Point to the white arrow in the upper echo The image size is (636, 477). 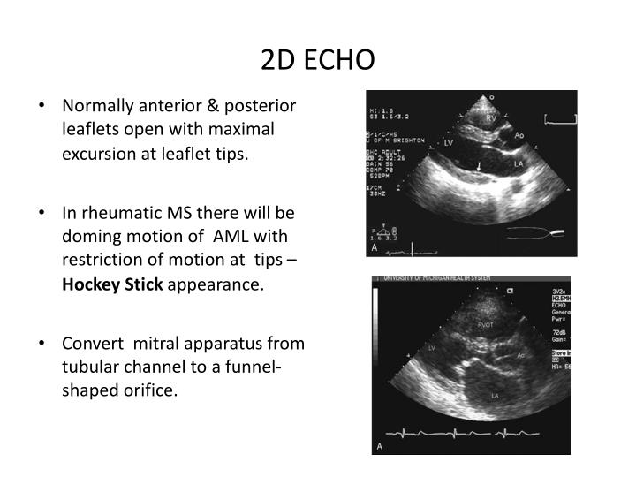coord(480,165)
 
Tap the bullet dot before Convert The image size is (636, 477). coord(43,344)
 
